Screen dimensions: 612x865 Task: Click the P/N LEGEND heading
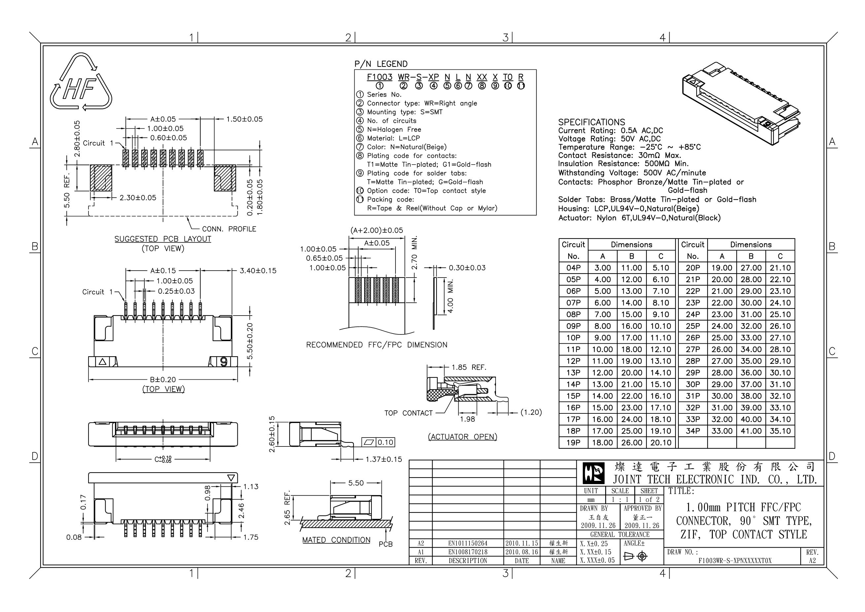tap(381, 64)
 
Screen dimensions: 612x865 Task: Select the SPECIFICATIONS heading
tap(592, 122)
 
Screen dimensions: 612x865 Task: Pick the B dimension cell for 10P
tap(632, 338)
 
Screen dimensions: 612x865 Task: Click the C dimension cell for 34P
tap(780, 431)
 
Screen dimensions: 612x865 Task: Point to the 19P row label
tap(573, 443)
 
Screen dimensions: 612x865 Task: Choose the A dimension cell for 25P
tap(721, 326)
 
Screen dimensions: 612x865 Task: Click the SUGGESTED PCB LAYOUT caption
tap(163, 239)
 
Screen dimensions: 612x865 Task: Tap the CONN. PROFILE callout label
tap(229, 229)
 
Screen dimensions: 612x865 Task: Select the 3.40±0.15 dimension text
tap(258, 271)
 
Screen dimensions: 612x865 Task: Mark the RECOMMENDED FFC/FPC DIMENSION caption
tap(377, 345)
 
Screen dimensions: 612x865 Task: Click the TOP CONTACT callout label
tap(408, 413)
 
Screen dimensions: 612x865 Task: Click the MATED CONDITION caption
tap(336, 540)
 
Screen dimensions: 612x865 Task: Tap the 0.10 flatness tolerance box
tap(378, 442)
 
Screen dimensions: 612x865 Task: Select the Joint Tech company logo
tap(593, 473)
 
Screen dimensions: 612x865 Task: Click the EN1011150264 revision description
tap(467, 543)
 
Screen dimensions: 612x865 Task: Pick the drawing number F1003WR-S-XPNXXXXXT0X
tap(735, 561)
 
